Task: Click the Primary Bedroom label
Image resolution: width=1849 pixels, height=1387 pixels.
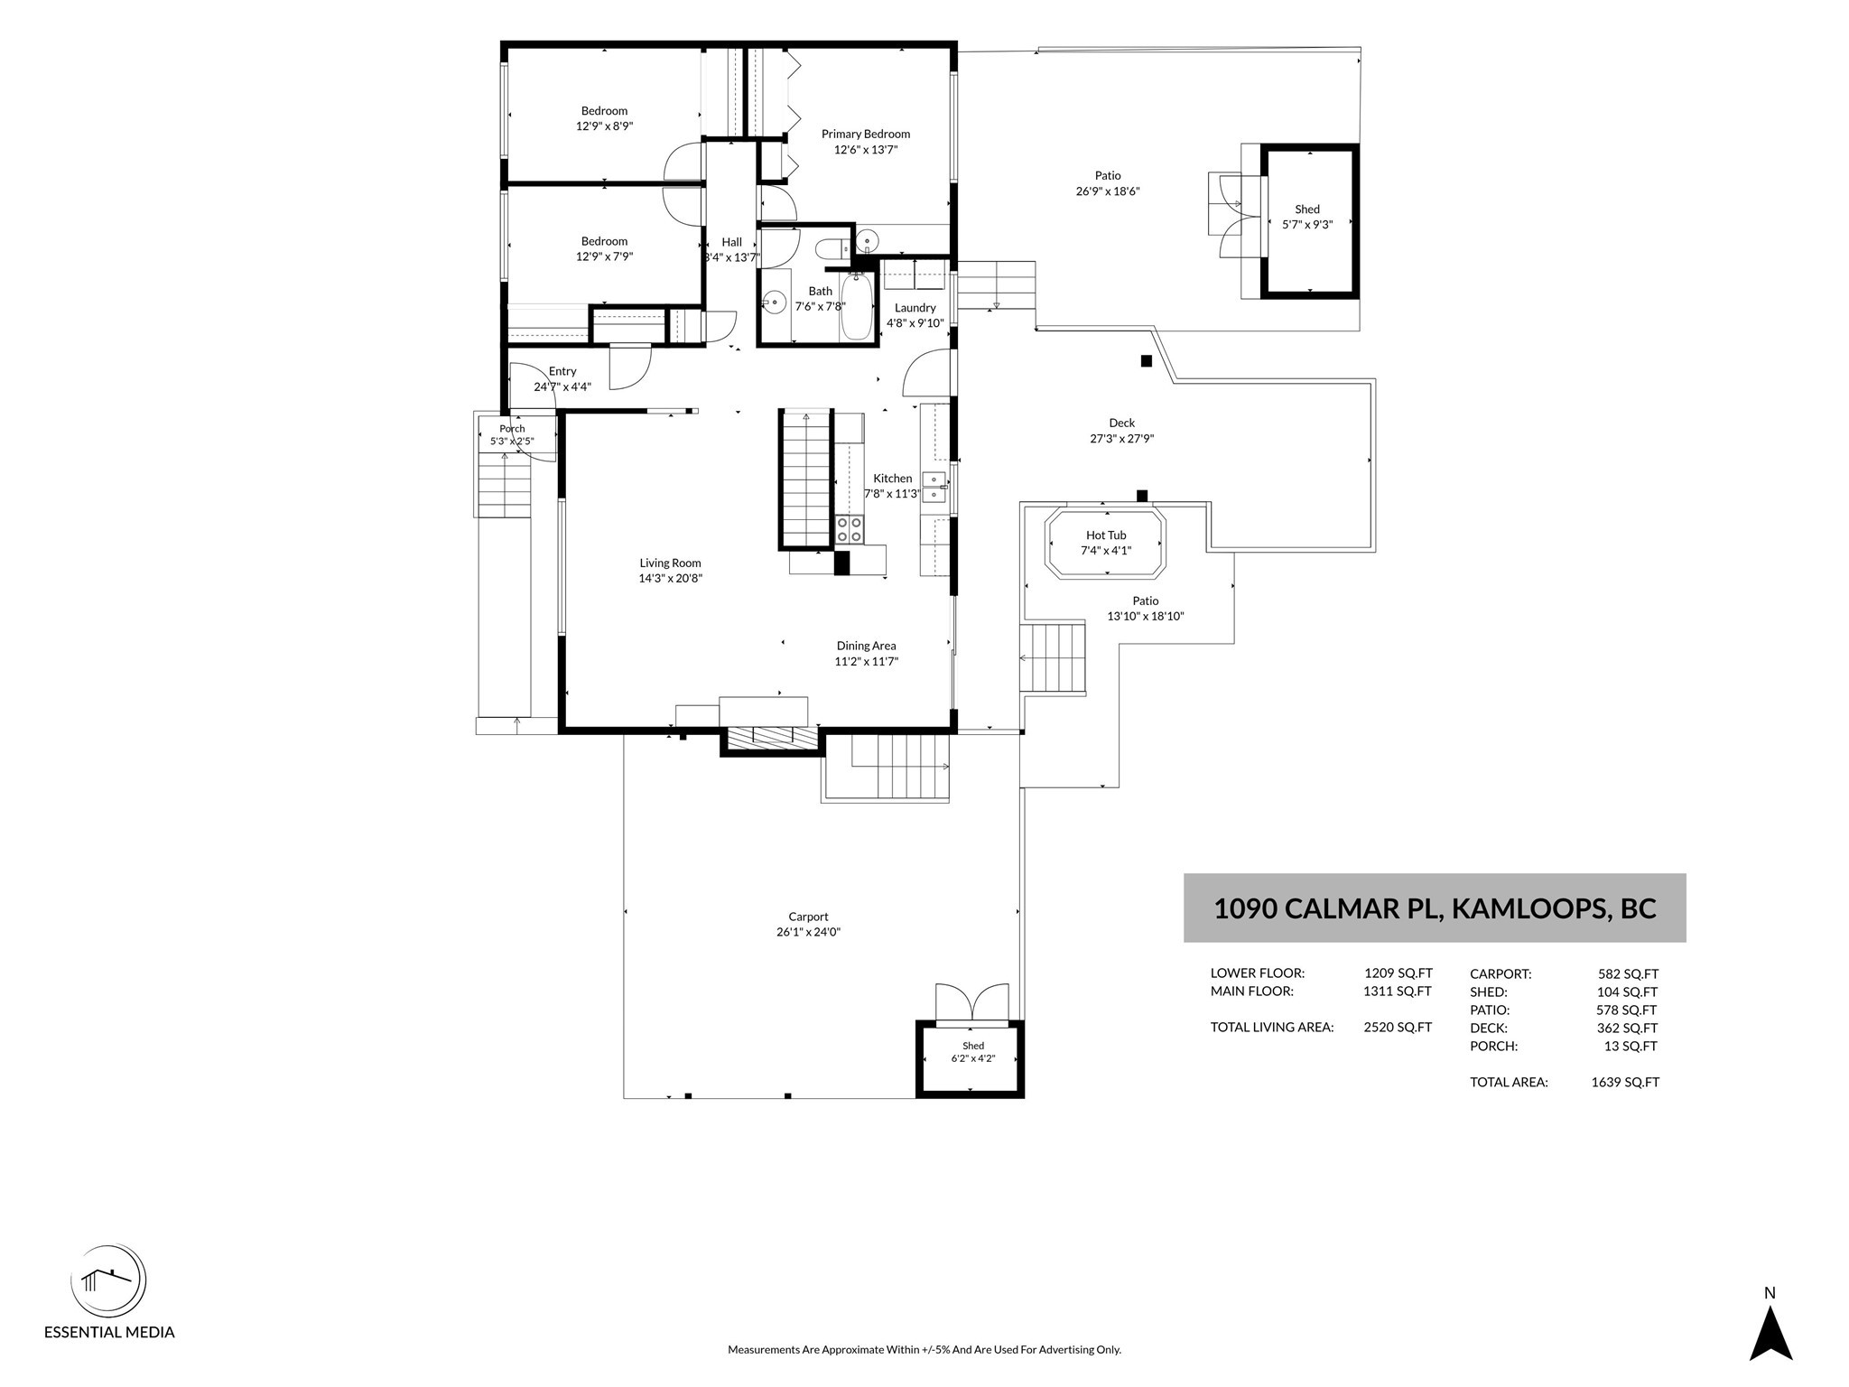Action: pos(865,134)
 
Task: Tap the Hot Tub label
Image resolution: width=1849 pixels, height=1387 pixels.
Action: pos(1106,535)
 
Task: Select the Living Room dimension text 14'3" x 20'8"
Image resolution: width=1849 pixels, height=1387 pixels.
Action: pos(670,579)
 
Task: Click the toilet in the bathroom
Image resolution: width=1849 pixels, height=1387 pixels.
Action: pos(832,247)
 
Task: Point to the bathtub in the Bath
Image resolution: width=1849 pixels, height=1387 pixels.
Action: pos(857,307)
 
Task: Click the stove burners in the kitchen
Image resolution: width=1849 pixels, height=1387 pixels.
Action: pos(849,529)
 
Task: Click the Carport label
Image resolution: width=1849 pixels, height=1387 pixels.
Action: pos(808,917)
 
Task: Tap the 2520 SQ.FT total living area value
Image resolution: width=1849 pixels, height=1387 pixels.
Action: pos(1398,1027)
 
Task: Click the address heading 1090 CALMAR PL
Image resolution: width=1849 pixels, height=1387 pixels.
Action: pos(1328,908)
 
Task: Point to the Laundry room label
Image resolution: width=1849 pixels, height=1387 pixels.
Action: pos(915,308)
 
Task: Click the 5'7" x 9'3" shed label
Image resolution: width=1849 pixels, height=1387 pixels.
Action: pos(1307,225)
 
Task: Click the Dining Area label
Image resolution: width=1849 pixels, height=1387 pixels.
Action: pos(866,646)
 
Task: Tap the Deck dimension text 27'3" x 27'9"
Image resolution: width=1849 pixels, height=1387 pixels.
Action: pos(1122,439)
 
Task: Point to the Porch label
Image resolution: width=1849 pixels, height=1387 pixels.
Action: pos(512,429)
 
